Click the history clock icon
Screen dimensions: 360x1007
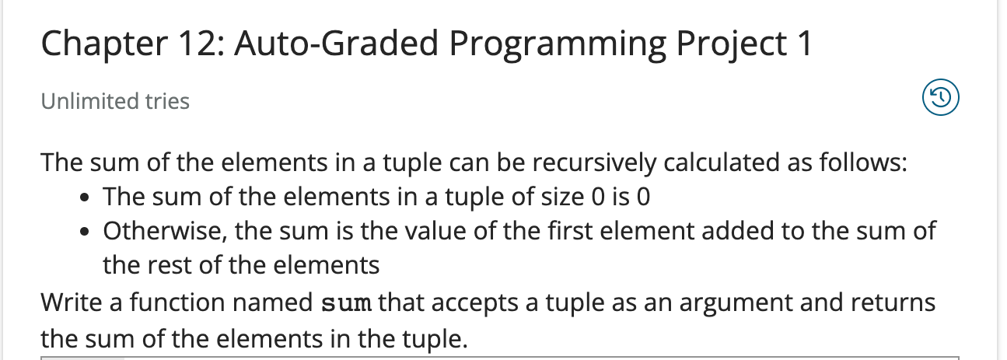click(940, 99)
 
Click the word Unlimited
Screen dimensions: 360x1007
click(79, 101)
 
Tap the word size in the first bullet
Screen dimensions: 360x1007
click(558, 197)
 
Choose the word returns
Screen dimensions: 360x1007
click(894, 302)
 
